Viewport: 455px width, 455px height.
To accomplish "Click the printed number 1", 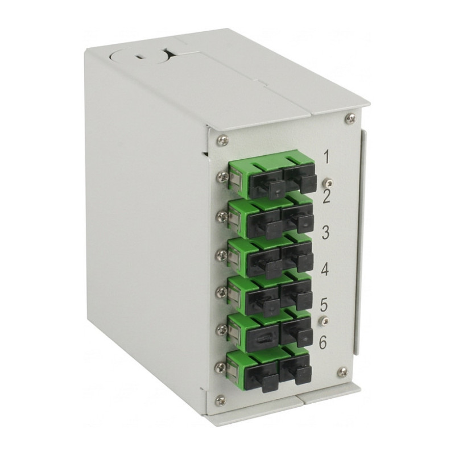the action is pos(326,158).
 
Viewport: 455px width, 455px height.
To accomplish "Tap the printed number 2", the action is pos(326,197).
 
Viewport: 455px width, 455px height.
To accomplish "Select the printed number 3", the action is pos(325,233).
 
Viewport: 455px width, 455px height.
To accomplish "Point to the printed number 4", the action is pos(325,270).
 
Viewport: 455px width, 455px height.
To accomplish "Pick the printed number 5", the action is pos(324,305).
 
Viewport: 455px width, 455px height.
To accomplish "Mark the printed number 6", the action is pos(322,343).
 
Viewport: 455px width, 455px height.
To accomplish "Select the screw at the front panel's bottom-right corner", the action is pos(344,371).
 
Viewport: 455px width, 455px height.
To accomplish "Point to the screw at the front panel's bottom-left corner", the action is pos(221,401).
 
